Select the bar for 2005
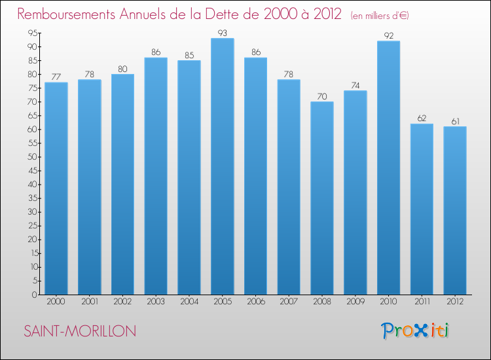(223, 166)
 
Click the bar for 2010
(388, 168)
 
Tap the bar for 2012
(455, 210)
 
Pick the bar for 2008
(322, 198)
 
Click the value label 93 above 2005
(223, 32)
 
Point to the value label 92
(388, 35)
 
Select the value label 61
(455, 120)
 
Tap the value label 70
(322, 96)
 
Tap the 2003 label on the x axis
(156, 302)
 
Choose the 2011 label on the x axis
(422, 302)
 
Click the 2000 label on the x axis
(56, 302)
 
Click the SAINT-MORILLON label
(80, 332)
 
